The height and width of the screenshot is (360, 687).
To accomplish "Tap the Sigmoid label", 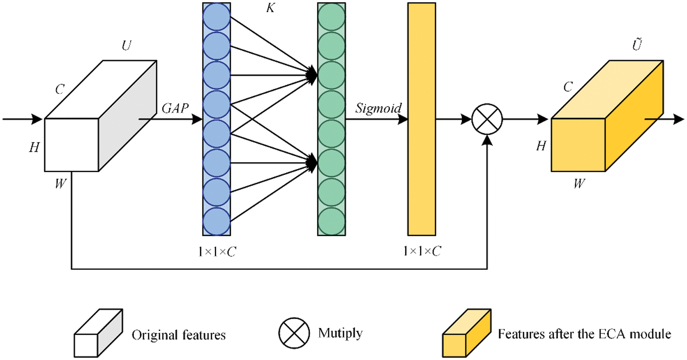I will (378, 109).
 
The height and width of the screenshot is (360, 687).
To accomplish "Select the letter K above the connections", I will (270, 9).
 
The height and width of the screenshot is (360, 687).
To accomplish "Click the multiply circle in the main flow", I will (487, 120).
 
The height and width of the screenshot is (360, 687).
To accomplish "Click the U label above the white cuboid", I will (125, 47).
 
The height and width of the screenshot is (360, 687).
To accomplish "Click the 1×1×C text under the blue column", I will (217, 251).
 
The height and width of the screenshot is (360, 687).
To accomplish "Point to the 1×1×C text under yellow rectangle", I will (422, 251).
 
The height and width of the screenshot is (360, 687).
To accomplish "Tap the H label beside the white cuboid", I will (34, 148).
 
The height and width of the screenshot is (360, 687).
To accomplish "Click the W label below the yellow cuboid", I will (579, 184).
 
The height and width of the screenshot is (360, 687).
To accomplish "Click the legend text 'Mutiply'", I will (340, 333).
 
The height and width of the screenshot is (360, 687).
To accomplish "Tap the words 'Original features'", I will (179, 335).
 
